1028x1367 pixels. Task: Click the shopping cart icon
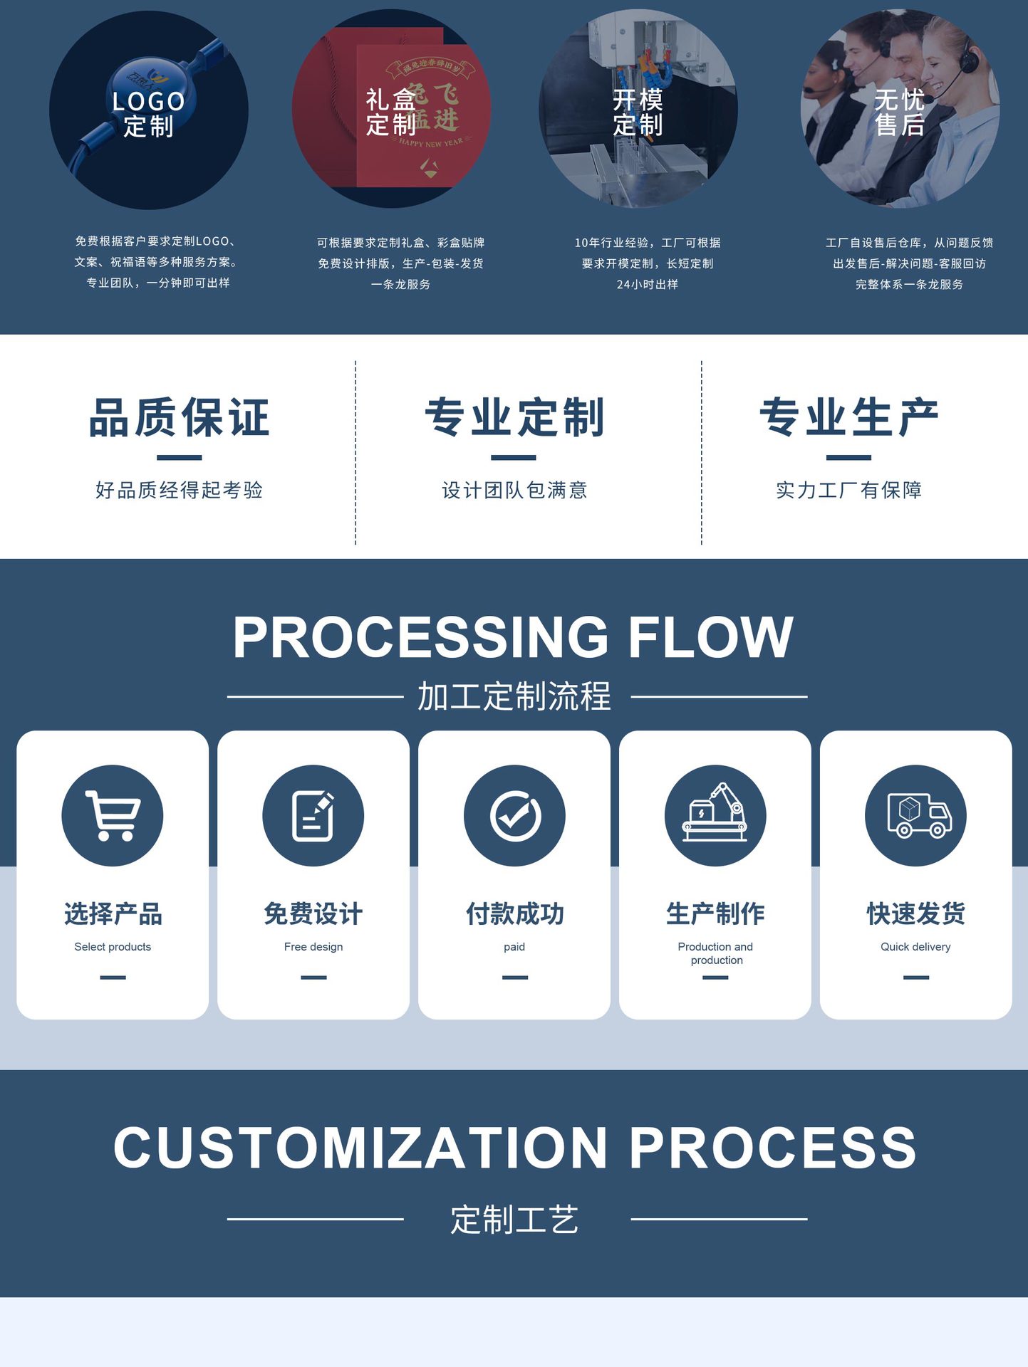click(113, 816)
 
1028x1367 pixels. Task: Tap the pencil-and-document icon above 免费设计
click(313, 816)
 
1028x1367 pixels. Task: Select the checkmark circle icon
click(514, 816)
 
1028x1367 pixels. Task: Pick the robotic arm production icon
click(715, 815)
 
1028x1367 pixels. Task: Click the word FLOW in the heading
click(710, 637)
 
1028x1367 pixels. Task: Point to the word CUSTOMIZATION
click(360, 1148)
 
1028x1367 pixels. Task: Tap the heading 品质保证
click(179, 417)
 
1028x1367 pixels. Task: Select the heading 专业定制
click(514, 417)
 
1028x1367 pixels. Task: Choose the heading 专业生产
click(848, 417)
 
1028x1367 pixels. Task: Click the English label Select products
click(113, 947)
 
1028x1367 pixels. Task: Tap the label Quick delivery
click(915, 947)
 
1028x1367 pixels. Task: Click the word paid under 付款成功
click(514, 947)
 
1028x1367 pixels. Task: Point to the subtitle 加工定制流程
click(514, 696)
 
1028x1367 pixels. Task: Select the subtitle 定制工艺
click(514, 1220)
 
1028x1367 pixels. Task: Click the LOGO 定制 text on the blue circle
click(148, 114)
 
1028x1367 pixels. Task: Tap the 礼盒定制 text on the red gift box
click(390, 112)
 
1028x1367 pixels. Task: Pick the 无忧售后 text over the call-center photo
click(899, 112)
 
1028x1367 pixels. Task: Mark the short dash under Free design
click(313, 978)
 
